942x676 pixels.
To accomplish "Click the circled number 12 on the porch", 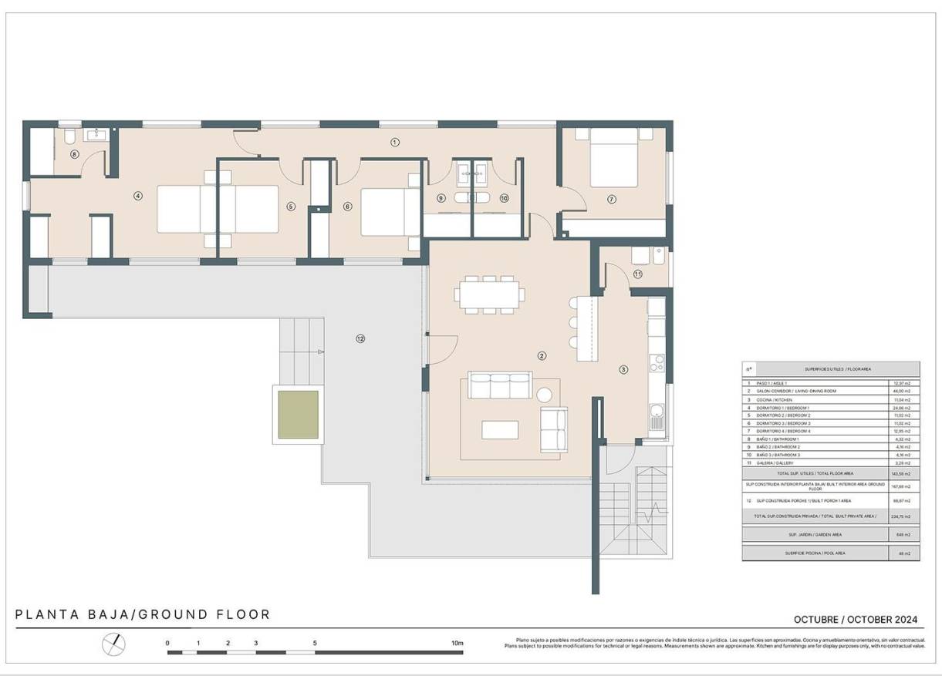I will (360, 338).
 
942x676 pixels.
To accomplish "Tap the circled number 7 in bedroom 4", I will (611, 199).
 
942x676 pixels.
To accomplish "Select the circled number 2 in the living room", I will (542, 355).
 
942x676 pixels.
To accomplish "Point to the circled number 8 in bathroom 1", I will (75, 154).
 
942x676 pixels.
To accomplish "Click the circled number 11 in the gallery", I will (637, 274).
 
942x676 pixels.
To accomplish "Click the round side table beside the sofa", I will (545, 395).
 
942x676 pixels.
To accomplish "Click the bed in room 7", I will (614, 159).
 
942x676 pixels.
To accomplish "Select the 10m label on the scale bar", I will (457, 642).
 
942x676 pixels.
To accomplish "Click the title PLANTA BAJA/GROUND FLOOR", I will (143, 614).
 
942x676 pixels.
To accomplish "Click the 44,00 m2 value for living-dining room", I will (901, 392).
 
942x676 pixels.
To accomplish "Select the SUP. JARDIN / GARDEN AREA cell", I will (815, 533).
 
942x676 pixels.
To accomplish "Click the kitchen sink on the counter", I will (656, 417).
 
